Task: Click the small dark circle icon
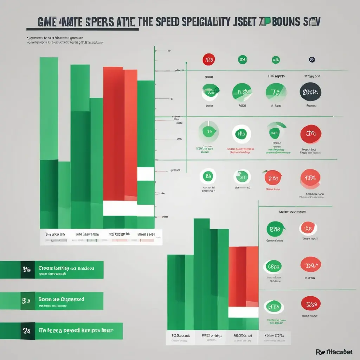[311, 60]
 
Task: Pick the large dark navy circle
[310, 92]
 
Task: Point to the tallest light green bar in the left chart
[49, 109]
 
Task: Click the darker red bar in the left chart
[114, 134]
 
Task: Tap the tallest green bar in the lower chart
[201, 274]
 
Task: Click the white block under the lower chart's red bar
[243, 312]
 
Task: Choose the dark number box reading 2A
[27, 331]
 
